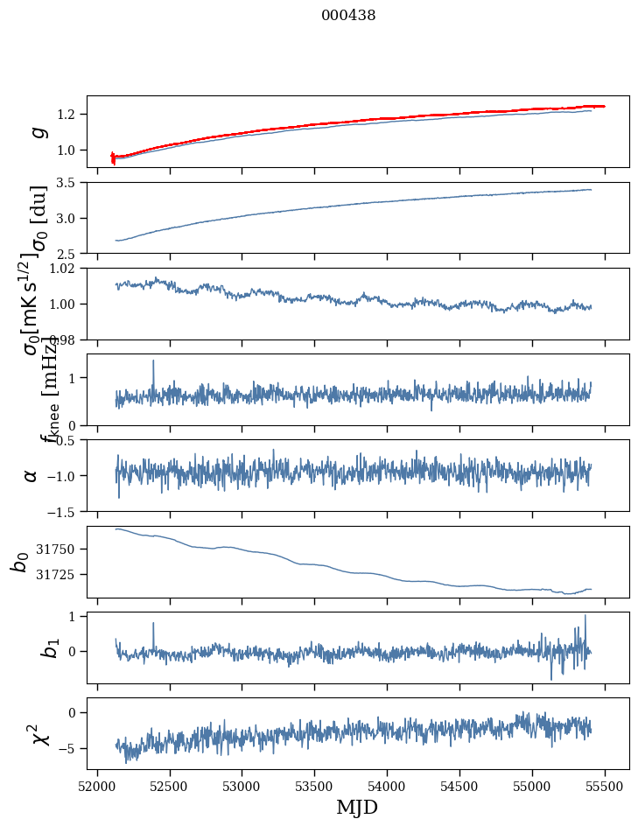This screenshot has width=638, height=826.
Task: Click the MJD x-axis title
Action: pos(357,807)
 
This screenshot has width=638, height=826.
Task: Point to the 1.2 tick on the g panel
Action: pos(69,115)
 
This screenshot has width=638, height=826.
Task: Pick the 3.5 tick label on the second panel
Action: pos(69,183)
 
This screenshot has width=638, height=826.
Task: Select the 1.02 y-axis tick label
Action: pos(66,269)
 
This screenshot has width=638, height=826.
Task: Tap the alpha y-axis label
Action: pos(32,475)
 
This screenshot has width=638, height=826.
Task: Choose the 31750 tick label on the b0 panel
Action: pos(60,549)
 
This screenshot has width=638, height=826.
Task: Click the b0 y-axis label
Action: pos(20,562)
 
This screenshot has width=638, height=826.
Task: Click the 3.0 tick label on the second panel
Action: pos(69,218)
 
